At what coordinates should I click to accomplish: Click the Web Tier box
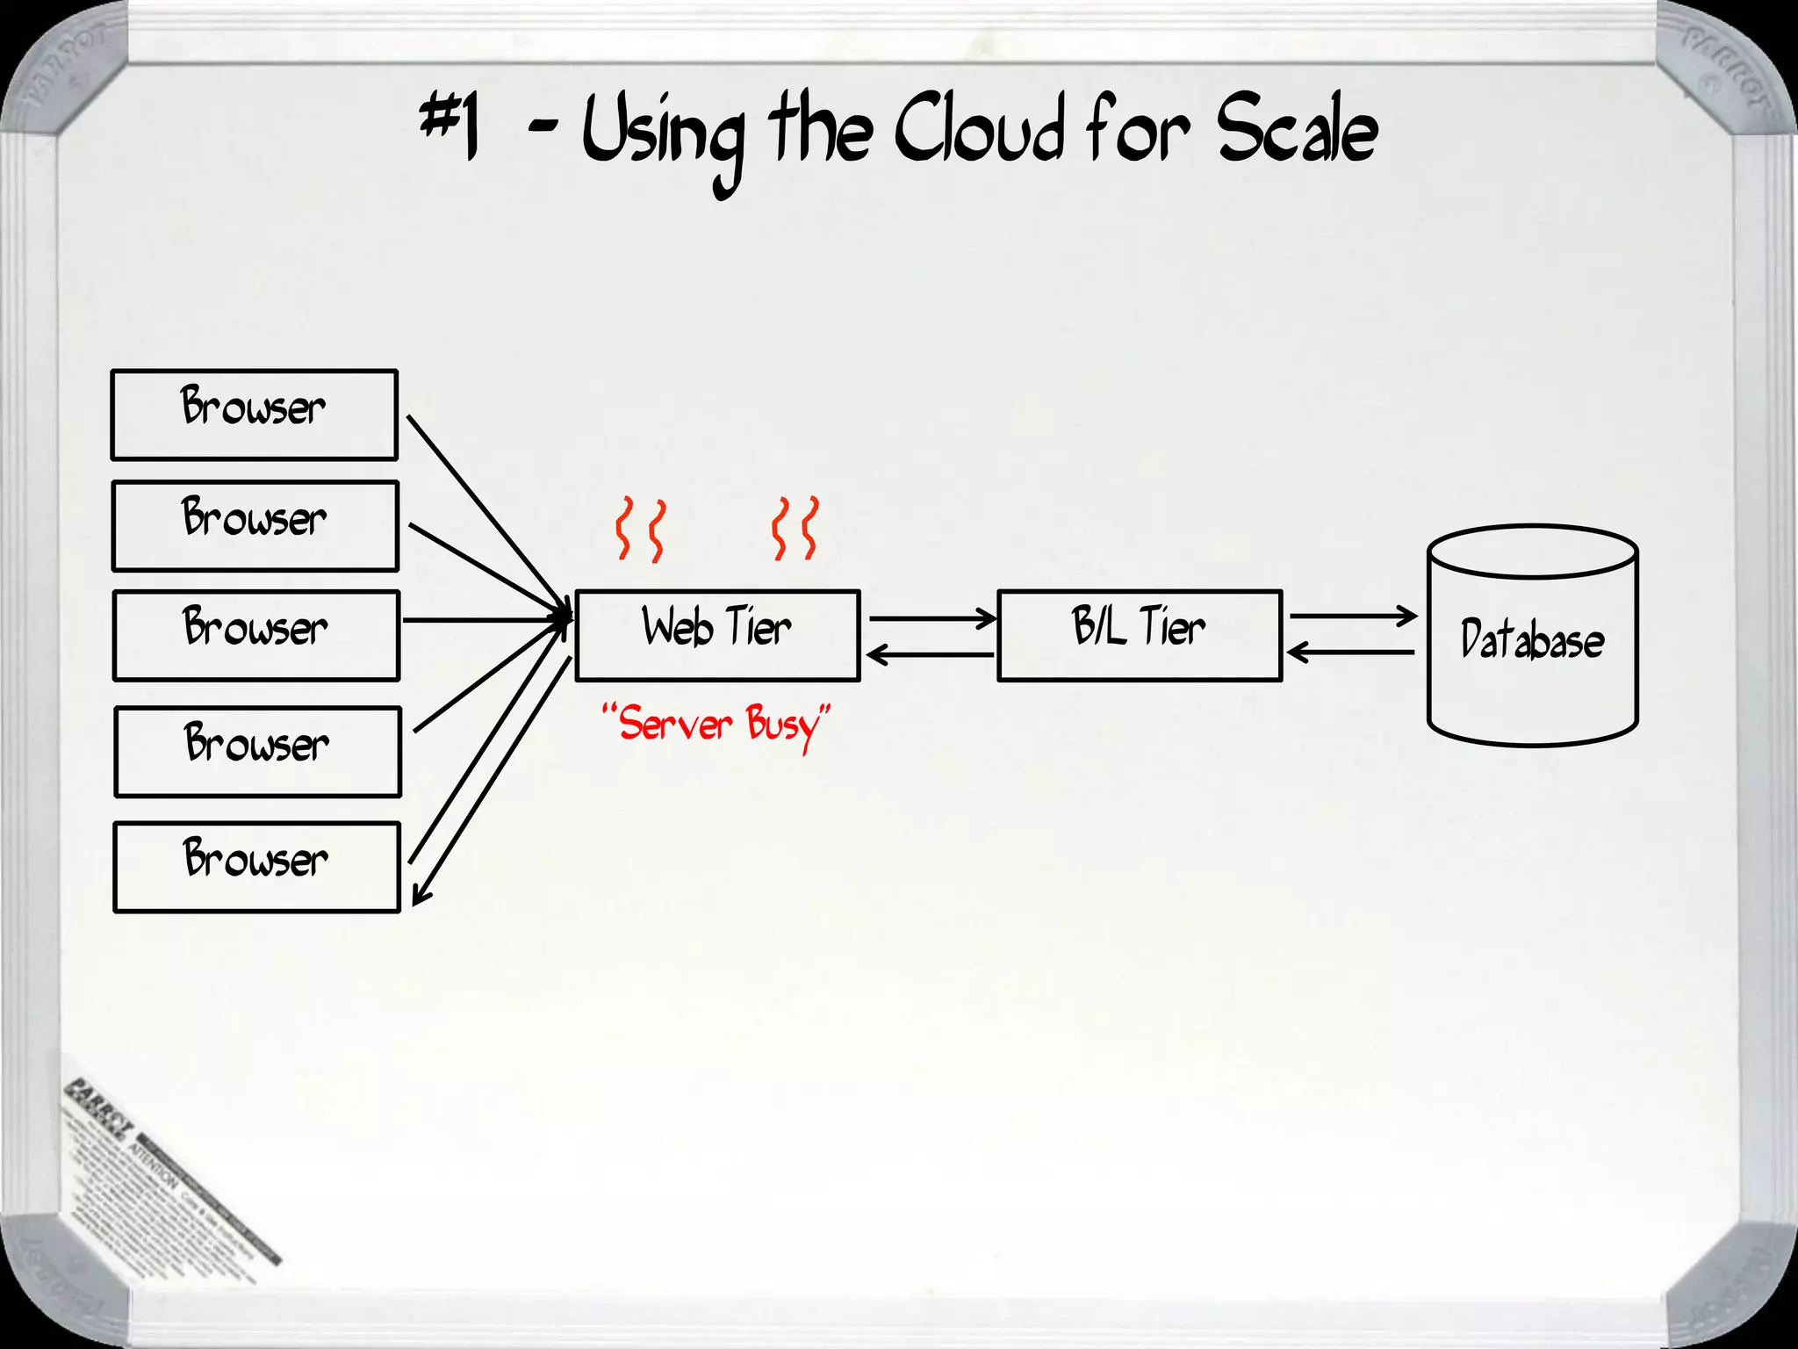pos(716,635)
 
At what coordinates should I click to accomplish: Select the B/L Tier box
pos(1140,635)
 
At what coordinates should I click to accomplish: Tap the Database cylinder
pos(1532,637)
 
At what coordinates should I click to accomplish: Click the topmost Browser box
pos(254,415)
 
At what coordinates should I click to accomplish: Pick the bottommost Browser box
pos(256,867)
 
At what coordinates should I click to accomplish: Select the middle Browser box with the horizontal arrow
pos(255,635)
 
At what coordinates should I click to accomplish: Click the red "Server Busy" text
pos(716,725)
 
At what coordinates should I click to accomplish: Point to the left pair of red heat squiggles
pos(639,529)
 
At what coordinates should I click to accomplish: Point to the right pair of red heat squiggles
pos(795,529)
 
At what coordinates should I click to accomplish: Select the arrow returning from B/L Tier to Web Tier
pos(931,654)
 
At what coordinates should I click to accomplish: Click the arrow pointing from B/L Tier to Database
pos(1352,617)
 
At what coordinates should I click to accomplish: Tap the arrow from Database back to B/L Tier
pos(1352,653)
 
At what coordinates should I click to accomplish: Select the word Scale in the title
pos(1297,132)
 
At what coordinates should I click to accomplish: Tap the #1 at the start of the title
pos(449,127)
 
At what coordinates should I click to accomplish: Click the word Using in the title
pos(663,136)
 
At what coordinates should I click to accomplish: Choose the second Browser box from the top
pos(255,525)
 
